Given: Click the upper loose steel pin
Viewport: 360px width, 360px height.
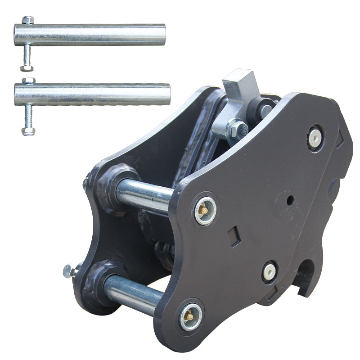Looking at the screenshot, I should pyautogui.click(x=90, y=35).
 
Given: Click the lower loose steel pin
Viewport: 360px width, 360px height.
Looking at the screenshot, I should pyautogui.click(x=94, y=94).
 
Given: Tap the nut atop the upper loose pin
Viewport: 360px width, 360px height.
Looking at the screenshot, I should pyautogui.click(x=27, y=20).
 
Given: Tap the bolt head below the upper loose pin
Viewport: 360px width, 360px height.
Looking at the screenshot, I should pyautogui.click(x=27, y=68).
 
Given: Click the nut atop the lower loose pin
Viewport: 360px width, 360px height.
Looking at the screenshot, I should pyautogui.click(x=28, y=81).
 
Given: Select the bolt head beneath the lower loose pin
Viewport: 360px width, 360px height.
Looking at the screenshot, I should pyautogui.click(x=28, y=131).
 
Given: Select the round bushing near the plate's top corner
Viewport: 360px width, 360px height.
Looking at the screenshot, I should pyautogui.click(x=315, y=138).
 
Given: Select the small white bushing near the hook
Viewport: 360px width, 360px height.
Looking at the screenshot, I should pyautogui.click(x=270, y=271).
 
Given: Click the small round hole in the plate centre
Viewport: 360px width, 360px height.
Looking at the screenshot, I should pyautogui.click(x=290, y=198).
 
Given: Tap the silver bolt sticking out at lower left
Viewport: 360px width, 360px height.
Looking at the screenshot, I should pyautogui.click(x=69, y=271).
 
